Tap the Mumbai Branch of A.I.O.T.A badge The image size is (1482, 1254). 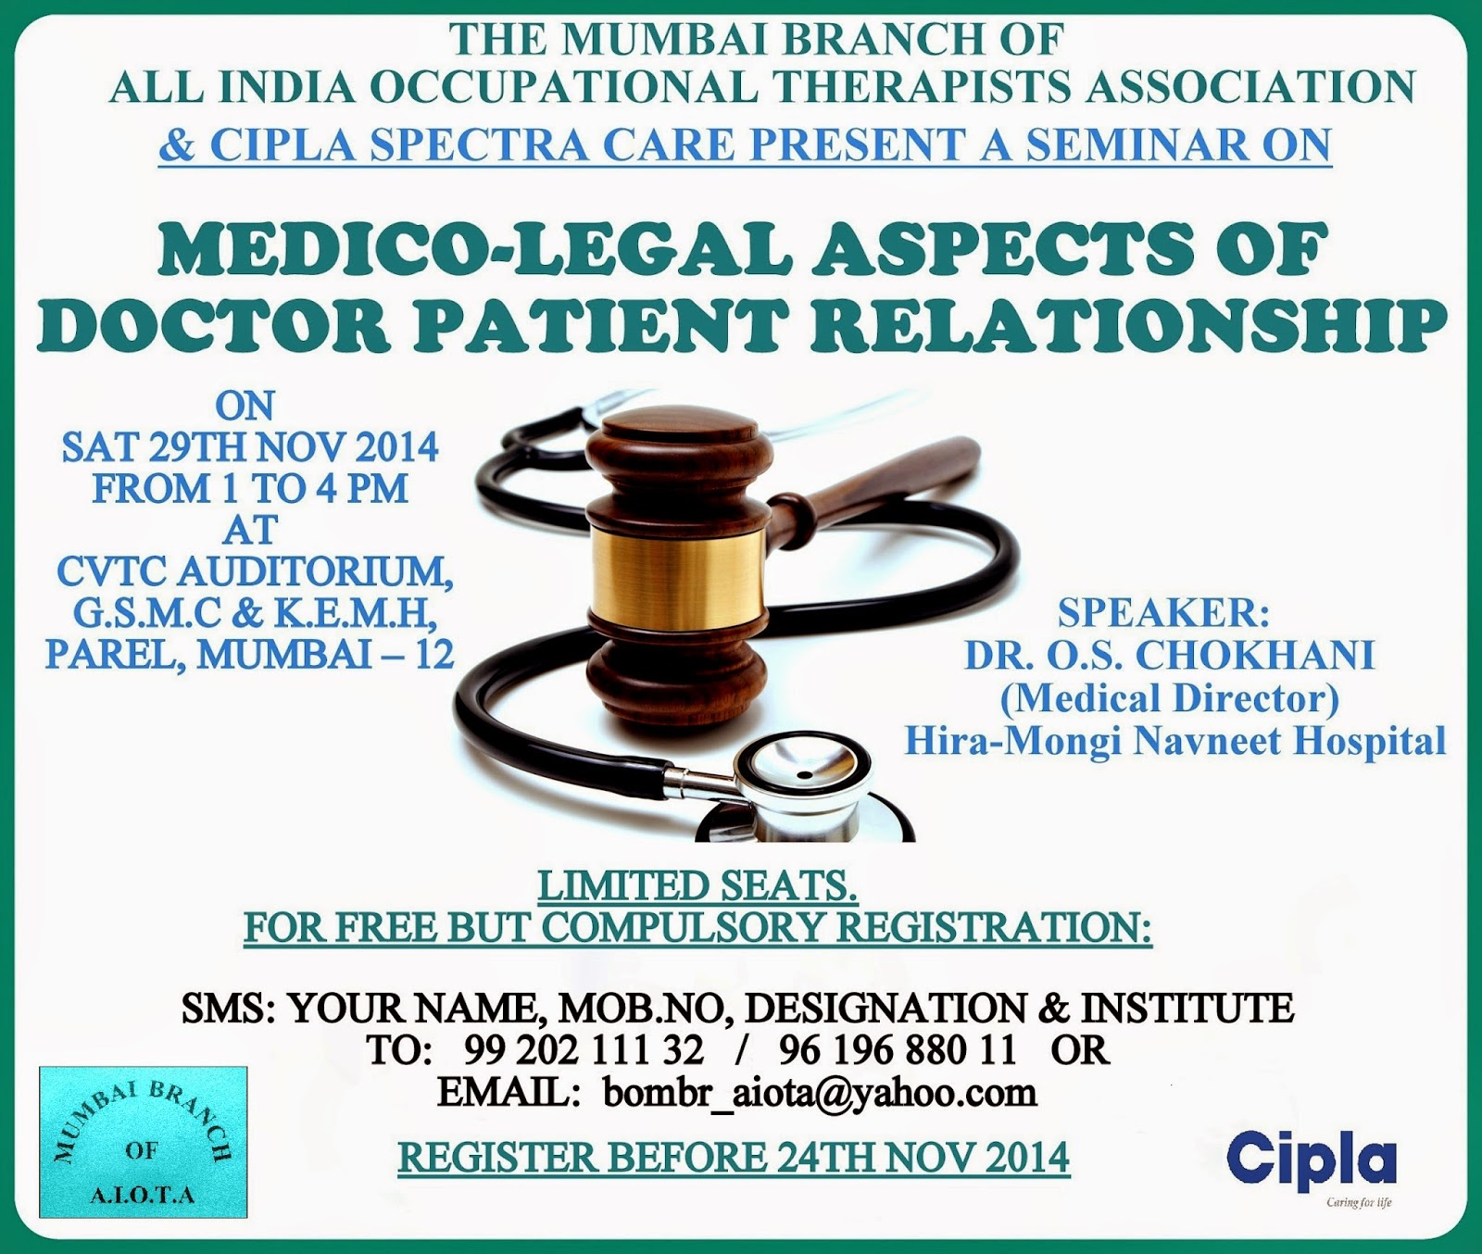pos(144,1142)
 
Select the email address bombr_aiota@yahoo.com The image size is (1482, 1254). pos(820,1093)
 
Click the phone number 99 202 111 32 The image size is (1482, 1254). pos(584,1050)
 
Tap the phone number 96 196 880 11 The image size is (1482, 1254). pos(898,1050)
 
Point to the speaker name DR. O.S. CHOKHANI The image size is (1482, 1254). pos(1169,655)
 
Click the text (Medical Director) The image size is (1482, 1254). pos(1169,697)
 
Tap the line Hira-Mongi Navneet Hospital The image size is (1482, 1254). pos(1174,740)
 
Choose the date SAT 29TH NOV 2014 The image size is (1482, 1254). pos(250,448)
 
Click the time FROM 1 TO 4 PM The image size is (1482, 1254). pos(250,489)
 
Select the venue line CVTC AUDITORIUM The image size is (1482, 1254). pos(255,571)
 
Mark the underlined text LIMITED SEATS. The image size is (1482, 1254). pos(697,886)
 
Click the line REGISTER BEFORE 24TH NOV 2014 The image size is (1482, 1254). pos(734,1158)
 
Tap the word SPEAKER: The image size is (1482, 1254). pos(1163,613)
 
